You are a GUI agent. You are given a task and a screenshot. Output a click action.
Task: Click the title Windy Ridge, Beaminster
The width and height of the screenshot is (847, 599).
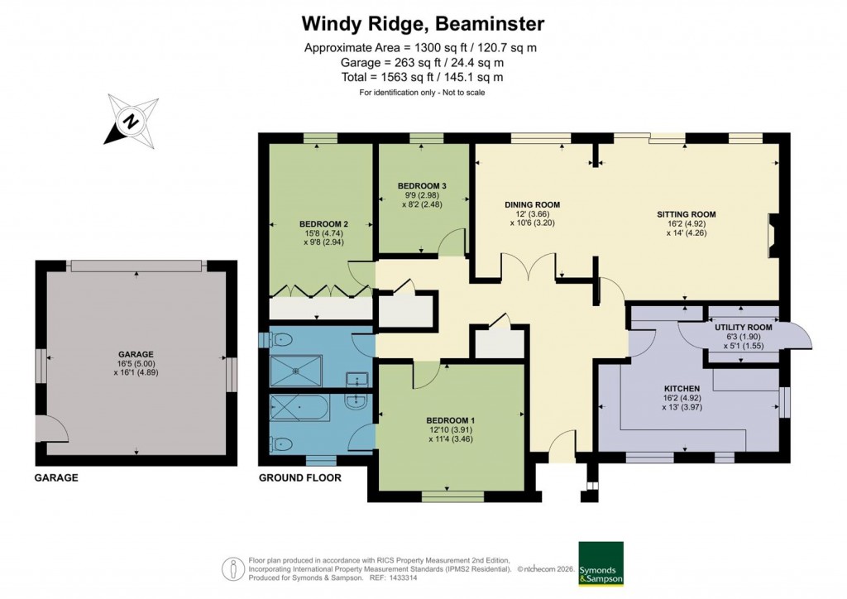tap(423, 22)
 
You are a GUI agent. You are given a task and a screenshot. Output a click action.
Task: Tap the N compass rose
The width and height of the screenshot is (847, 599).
tap(131, 122)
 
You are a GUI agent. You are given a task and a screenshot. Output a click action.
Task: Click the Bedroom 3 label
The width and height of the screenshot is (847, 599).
tap(422, 185)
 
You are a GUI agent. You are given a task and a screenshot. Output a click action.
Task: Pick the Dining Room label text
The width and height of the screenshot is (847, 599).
tap(533, 204)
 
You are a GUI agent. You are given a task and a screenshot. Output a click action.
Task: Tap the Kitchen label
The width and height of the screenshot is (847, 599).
tap(682, 388)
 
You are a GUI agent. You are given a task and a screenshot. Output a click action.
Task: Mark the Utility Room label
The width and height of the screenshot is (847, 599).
tap(743, 328)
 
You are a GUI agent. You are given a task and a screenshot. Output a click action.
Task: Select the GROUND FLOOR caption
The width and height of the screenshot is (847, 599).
tap(299, 477)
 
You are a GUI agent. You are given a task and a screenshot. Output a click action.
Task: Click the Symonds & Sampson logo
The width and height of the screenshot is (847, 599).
tap(601, 564)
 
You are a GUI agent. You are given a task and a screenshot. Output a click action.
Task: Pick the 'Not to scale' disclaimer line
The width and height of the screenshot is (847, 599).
tap(422, 92)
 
